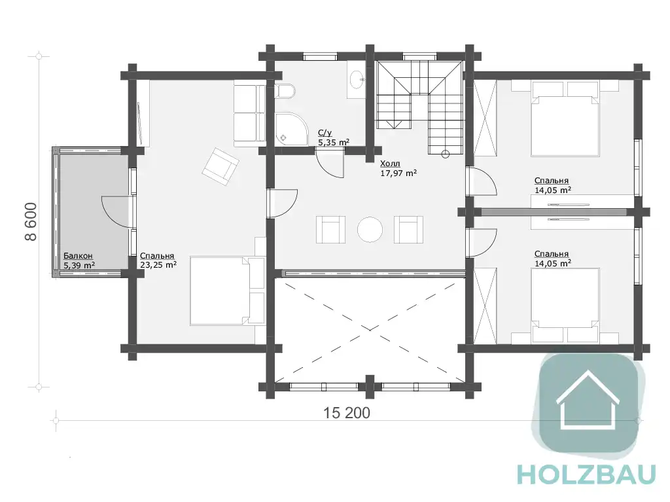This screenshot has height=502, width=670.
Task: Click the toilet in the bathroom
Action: pos(285,91)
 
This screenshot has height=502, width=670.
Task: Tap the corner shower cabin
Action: pos(291,128)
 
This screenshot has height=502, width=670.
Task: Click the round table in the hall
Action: pos(370,230)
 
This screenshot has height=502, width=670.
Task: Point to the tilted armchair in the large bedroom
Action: pos(220,167)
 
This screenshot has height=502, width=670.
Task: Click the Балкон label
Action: pos(78,256)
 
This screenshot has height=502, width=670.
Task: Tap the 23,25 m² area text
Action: pos(158,264)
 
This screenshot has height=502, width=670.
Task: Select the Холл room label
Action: pos(390,164)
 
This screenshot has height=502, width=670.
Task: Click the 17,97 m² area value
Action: pos(398,173)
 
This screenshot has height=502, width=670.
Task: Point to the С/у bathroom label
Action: pos(325,134)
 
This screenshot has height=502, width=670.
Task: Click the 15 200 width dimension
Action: pos(347,413)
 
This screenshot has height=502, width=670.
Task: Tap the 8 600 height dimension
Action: pos(31,222)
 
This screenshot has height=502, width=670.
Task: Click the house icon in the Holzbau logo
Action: pos(588,399)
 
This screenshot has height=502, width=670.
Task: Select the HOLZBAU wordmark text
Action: pos(586,475)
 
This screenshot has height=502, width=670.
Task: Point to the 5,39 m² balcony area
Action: pos(79,266)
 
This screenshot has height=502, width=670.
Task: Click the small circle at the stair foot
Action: pos(446,155)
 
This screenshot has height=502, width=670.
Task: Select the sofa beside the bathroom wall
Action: pos(249,115)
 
